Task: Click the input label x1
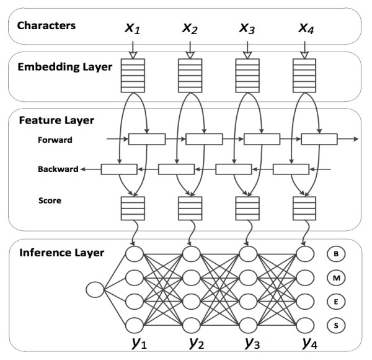[x=133, y=29]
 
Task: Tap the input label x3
[x=247, y=29]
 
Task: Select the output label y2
[x=197, y=343]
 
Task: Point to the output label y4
[x=310, y=343]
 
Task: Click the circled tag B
[x=336, y=254]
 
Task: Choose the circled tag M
[x=336, y=277]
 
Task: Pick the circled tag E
[x=336, y=302]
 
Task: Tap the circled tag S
[x=336, y=325]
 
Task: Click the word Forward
[x=55, y=140]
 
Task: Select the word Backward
[x=58, y=169]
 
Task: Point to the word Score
[x=50, y=200]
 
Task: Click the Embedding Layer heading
[x=65, y=67]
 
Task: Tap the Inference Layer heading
[x=61, y=253]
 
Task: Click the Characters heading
[x=46, y=25]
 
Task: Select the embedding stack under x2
[x=190, y=76]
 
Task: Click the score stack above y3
[x=247, y=209]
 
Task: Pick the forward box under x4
[x=319, y=139]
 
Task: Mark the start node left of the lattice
[x=95, y=290]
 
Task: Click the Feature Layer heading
[x=56, y=120]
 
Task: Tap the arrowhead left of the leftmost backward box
[x=82, y=169]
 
